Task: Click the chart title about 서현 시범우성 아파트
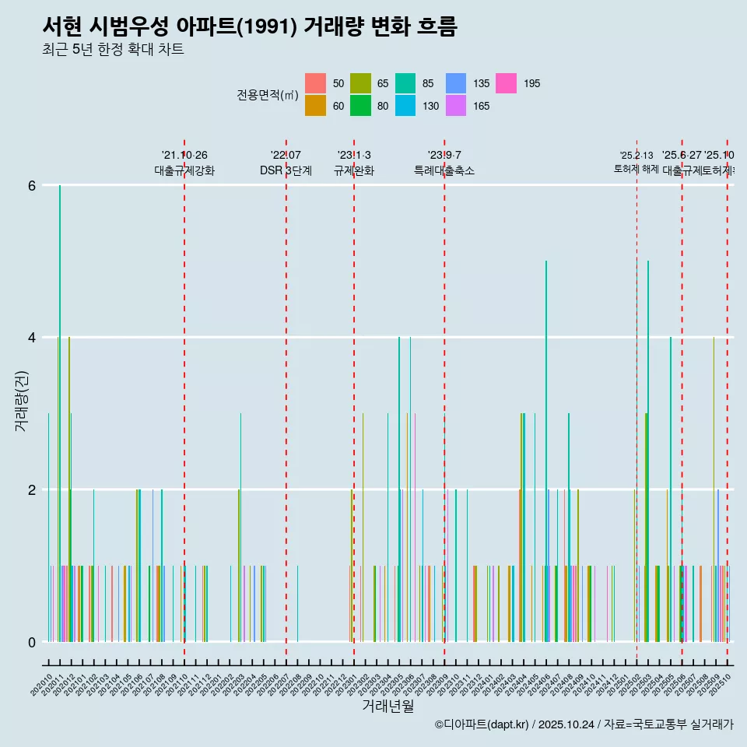pos(249,26)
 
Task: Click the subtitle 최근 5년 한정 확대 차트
pos(113,51)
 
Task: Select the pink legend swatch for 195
pos(507,83)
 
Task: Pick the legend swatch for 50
pos(315,83)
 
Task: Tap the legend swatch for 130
pos(405,106)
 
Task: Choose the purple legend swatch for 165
pos(456,106)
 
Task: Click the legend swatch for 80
pos(360,106)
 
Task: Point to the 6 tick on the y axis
pos(32,185)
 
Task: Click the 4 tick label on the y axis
pos(32,338)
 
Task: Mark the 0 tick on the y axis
pos(32,642)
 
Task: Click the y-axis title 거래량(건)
pos(21,402)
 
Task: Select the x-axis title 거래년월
pos(388,706)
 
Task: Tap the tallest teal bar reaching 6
pos(60,412)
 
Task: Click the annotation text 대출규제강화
pos(184,170)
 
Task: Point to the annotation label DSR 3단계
pos(286,170)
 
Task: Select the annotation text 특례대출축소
pos(444,170)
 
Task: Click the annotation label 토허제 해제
pos(637,168)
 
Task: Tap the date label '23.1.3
pos(354,156)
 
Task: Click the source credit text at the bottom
pos(584,724)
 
